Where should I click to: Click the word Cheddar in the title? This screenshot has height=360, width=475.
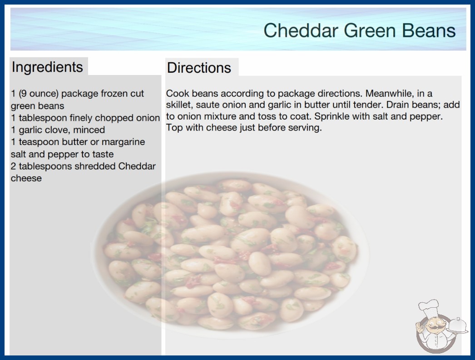click(301, 30)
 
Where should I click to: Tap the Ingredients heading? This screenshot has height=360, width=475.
click(47, 67)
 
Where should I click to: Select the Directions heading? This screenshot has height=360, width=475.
click(199, 68)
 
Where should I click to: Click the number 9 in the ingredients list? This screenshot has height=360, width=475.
click(23, 94)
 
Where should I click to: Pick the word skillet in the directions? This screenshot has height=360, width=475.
click(179, 105)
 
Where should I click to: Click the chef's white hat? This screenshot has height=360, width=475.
click(429, 307)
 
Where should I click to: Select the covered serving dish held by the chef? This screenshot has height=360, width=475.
click(457, 325)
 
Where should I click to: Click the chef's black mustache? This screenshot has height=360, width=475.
click(433, 327)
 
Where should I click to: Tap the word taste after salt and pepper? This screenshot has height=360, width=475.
click(103, 155)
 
